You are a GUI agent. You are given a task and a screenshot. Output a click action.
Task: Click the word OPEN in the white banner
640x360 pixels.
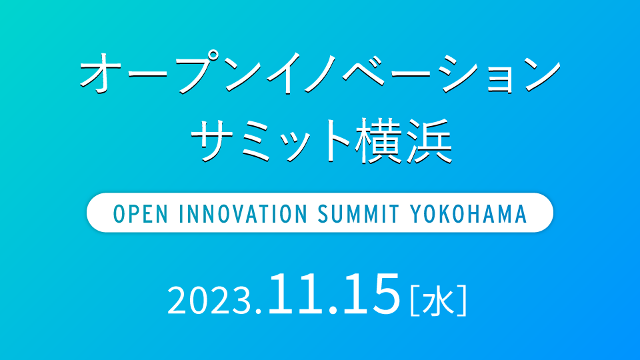[141, 213]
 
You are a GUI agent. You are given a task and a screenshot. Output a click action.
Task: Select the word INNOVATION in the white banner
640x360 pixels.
[243, 213]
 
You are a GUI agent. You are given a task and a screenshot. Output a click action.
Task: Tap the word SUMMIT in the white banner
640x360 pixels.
[358, 213]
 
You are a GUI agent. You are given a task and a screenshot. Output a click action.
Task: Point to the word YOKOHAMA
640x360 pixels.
[468, 213]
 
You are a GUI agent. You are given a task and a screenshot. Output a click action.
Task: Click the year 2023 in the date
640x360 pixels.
[208, 300]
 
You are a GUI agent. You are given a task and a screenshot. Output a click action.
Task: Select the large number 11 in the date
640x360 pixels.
[293, 294]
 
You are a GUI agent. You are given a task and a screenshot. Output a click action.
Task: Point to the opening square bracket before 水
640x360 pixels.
[415, 301]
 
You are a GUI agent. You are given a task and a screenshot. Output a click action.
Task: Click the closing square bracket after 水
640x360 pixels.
[462, 301]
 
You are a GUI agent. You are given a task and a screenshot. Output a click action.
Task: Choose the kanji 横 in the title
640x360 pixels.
[378, 141]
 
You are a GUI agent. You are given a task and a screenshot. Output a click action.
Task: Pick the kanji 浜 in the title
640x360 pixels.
[429, 141]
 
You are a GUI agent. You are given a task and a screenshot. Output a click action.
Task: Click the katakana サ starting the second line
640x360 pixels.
[214, 141]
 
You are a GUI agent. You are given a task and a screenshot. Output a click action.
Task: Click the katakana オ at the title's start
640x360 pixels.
[101, 73]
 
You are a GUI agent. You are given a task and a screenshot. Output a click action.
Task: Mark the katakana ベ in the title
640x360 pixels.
[363, 72]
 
